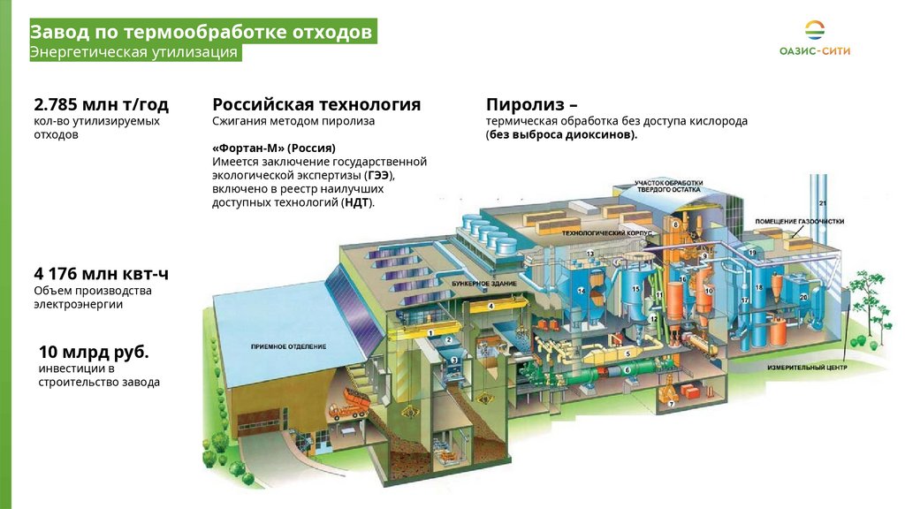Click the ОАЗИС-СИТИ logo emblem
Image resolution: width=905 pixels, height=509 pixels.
(815, 31)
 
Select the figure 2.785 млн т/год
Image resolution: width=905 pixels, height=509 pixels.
(101, 104)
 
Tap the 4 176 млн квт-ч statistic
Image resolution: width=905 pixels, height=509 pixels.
(101, 273)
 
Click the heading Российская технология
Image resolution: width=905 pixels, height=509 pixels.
(316, 104)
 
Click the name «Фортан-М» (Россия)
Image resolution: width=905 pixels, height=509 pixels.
(274, 148)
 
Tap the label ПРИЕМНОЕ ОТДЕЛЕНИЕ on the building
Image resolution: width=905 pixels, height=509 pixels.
(289, 346)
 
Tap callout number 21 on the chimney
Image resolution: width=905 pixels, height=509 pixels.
(822, 205)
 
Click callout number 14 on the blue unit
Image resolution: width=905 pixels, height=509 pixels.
(581, 290)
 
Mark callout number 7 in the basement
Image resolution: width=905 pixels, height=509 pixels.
(670, 404)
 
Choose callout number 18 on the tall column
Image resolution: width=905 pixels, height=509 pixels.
(758, 288)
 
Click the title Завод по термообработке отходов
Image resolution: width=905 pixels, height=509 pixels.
(202, 33)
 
